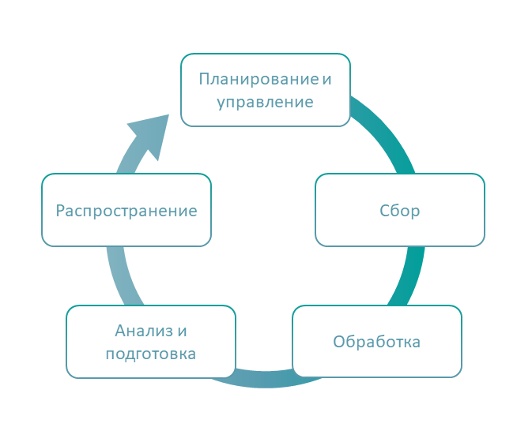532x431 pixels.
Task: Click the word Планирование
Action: (x=258, y=79)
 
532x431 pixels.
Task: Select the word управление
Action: (x=265, y=103)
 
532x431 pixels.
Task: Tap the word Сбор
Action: (x=400, y=211)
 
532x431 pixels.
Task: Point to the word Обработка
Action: (x=376, y=342)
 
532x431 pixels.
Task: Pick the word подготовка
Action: (x=151, y=354)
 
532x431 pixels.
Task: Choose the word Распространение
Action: (x=126, y=211)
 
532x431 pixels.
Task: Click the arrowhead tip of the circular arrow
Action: (x=168, y=114)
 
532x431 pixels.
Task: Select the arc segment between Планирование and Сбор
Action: (x=387, y=132)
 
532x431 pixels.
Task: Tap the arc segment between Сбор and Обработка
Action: (x=409, y=276)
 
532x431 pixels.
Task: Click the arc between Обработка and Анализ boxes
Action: (x=265, y=379)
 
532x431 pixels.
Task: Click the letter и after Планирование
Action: (x=326, y=80)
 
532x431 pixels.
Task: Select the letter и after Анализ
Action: (x=182, y=331)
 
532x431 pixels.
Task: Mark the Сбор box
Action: (x=400, y=210)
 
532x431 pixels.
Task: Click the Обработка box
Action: (x=377, y=341)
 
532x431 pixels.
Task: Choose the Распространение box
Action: (x=126, y=210)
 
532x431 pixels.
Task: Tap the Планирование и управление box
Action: (x=266, y=90)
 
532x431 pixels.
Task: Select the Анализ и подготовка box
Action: (x=151, y=342)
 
